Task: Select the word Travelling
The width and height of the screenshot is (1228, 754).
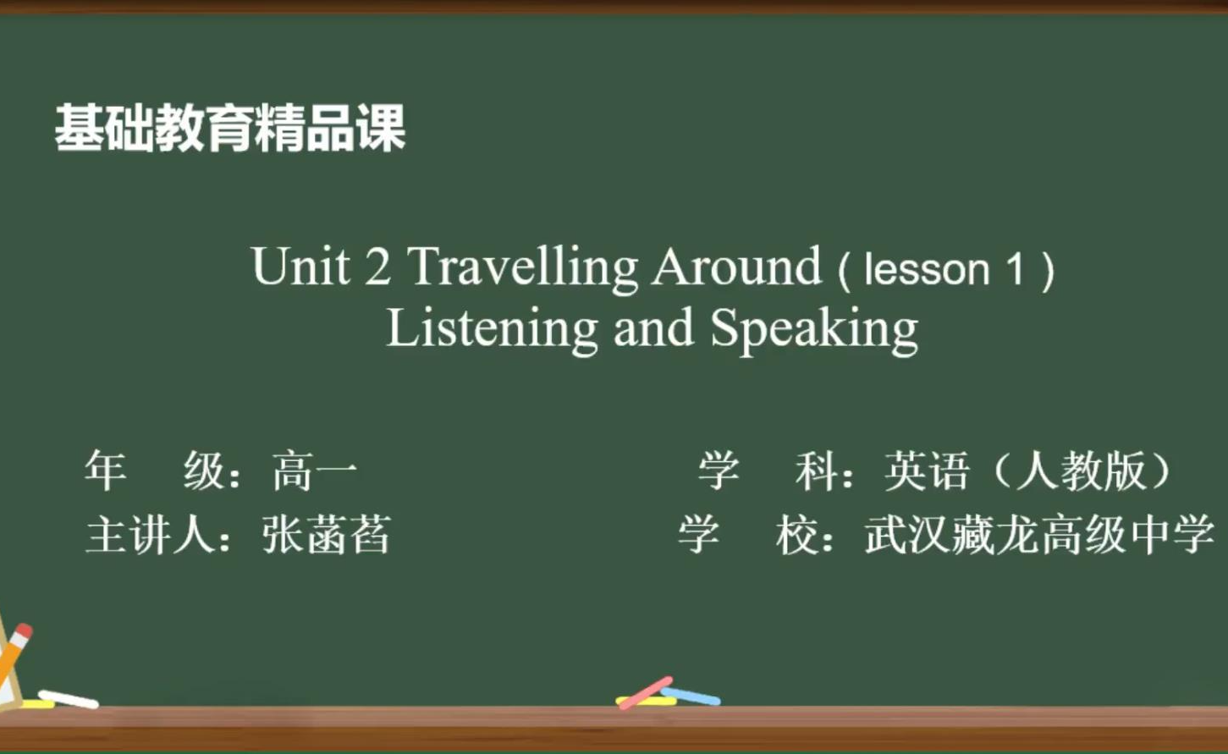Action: (x=522, y=269)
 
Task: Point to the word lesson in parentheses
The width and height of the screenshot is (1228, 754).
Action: (x=927, y=269)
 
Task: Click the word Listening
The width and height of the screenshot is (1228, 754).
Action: (x=493, y=330)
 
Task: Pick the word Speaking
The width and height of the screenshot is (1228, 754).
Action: (x=814, y=330)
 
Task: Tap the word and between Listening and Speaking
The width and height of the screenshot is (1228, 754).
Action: (x=653, y=327)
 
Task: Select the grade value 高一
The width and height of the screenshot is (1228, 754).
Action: (x=314, y=471)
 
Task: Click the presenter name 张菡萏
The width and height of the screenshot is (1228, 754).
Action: (x=326, y=535)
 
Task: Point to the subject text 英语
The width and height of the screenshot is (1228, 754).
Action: (x=927, y=471)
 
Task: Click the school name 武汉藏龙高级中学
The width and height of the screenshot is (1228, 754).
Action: (x=1039, y=535)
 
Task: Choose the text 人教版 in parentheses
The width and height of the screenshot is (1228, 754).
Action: (x=1081, y=471)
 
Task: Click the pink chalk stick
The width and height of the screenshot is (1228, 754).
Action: (x=646, y=692)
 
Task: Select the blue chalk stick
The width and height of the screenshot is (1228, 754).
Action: (x=691, y=696)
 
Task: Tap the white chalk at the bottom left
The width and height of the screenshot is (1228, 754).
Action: (x=69, y=699)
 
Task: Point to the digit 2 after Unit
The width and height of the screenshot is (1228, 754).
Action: (x=378, y=267)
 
